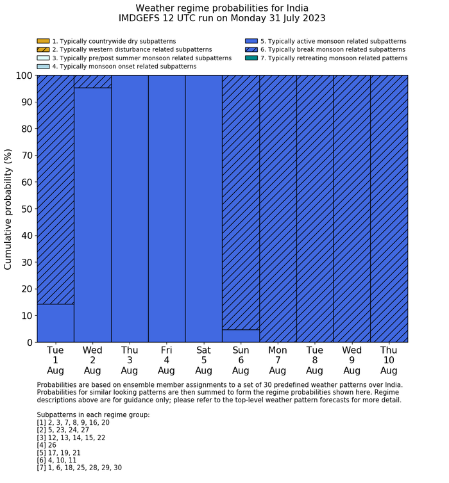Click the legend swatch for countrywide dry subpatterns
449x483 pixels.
43,41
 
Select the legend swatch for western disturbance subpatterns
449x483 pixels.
43,49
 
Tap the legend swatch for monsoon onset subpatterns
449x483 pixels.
43,66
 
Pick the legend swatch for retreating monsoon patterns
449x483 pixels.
251,58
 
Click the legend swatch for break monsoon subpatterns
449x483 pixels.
251,49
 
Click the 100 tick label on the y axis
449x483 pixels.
21,76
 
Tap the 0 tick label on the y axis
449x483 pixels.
28,343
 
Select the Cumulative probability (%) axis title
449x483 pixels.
8,209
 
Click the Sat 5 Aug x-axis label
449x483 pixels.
203,360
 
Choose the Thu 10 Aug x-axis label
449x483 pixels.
389,360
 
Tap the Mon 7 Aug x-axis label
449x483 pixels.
278,360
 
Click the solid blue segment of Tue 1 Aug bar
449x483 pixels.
55,323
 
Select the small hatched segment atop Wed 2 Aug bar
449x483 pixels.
92,81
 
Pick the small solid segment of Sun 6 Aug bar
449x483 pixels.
241,336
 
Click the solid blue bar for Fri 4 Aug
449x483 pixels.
167,209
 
